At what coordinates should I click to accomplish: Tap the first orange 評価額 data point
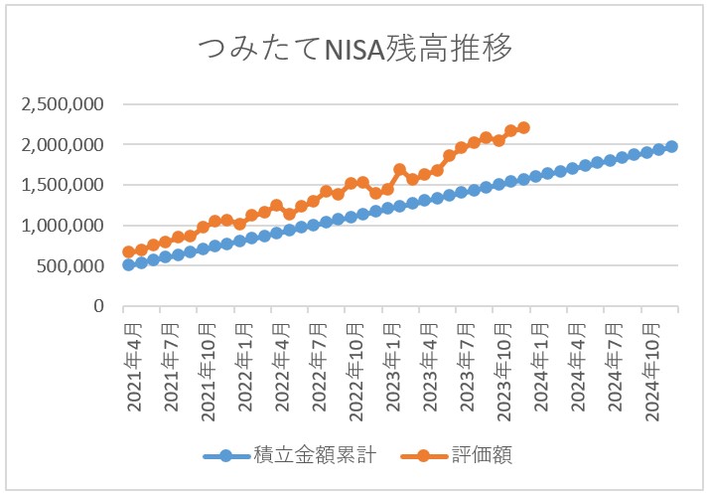(x=129, y=252)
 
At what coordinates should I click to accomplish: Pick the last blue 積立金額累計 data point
(x=671, y=146)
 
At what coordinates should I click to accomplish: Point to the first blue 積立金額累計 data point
(x=129, y=264)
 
